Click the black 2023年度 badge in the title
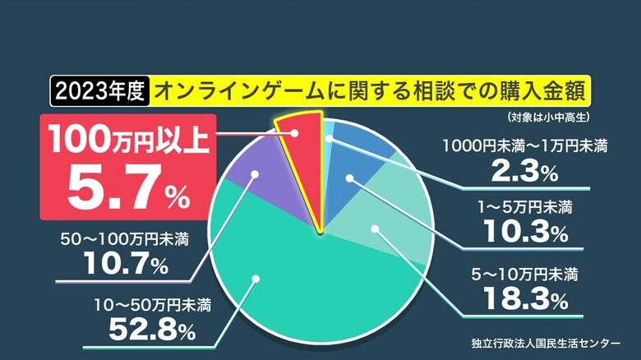[99, 90]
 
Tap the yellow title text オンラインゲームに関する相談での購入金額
[371, 90]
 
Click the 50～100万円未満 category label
[125, 239]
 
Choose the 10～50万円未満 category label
[153, 305]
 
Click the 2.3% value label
[525, 171]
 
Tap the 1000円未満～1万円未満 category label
[525, 146]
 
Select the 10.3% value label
[526, 232]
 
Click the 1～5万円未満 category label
[525, 208]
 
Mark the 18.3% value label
[526, 299]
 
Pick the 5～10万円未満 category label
[525, 275]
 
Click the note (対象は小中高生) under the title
[549, 118]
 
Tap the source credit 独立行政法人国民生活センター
[546, 344]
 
